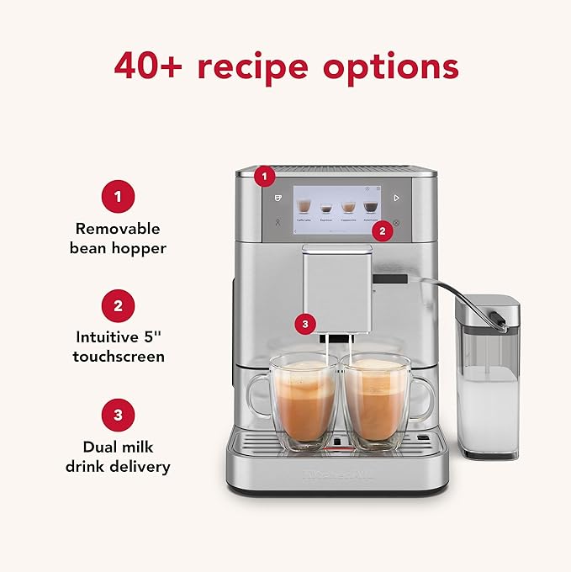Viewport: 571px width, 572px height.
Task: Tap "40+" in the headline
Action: pos(151,65)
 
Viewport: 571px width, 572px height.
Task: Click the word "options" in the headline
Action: pos(398,66)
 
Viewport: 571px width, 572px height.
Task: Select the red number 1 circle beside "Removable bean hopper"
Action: pos(118,197)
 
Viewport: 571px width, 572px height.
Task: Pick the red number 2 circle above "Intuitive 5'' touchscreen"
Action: pos(118,305)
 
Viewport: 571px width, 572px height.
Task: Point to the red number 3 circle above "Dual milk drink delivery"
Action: pos(118,415)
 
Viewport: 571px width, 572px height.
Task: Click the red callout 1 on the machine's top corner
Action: pos(266,177)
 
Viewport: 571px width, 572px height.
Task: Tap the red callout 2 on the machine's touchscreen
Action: pos(383,228)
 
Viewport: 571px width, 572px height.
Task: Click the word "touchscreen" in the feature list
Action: pos(118,357)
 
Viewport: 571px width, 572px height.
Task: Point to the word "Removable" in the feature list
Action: pos(118,228)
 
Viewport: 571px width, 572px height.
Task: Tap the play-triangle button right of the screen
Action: pos(395,199)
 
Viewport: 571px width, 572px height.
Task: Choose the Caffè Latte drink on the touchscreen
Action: pos(303,208)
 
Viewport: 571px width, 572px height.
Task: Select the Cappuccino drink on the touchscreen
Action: pos(347,208)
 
